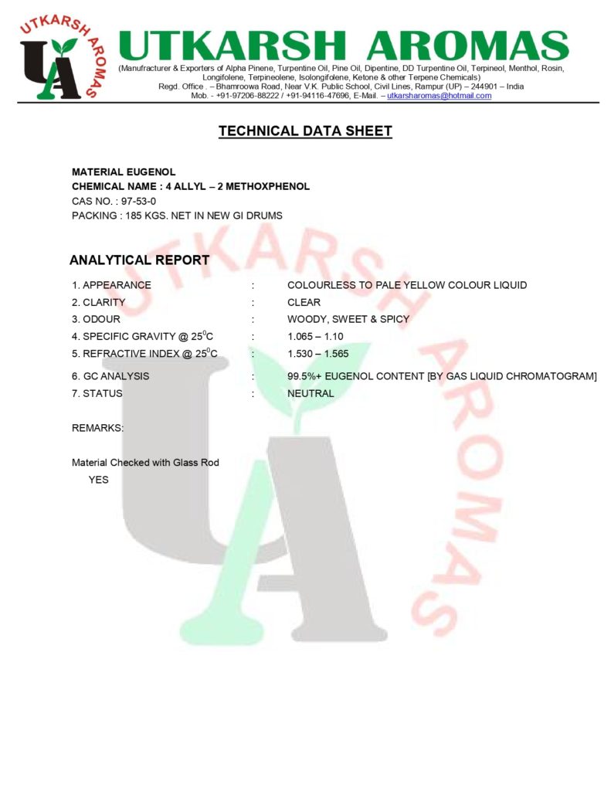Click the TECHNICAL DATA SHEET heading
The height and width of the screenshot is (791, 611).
pyautogui.click(x=305, y=131)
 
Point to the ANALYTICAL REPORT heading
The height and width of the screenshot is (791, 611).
pyautogui.click(x=139, y=260)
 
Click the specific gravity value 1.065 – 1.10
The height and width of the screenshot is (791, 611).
pyautogui.click(x=315, y=336)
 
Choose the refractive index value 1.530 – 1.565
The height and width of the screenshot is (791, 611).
pyautogui.click(x=317, y=354)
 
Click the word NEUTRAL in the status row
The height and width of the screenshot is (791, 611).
pyautogui.click(x=311, y=393)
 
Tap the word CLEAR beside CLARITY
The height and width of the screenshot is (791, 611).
pyautogui.click(x=304, y=302)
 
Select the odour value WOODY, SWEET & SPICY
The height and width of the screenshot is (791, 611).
pyautogui.click(x=348, y=319)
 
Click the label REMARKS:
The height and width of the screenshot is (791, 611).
pyautogui.click(x=97, y=428)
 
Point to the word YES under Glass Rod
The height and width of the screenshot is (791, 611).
pyautogui.click(x=98, y=480)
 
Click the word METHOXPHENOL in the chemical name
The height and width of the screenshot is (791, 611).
pyautogui.click(x=267, y=186)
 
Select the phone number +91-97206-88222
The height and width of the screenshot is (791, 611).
pyautogui.click(x=246, y=96)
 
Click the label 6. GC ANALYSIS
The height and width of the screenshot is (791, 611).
pyautogui.click(x=110, y=376)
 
